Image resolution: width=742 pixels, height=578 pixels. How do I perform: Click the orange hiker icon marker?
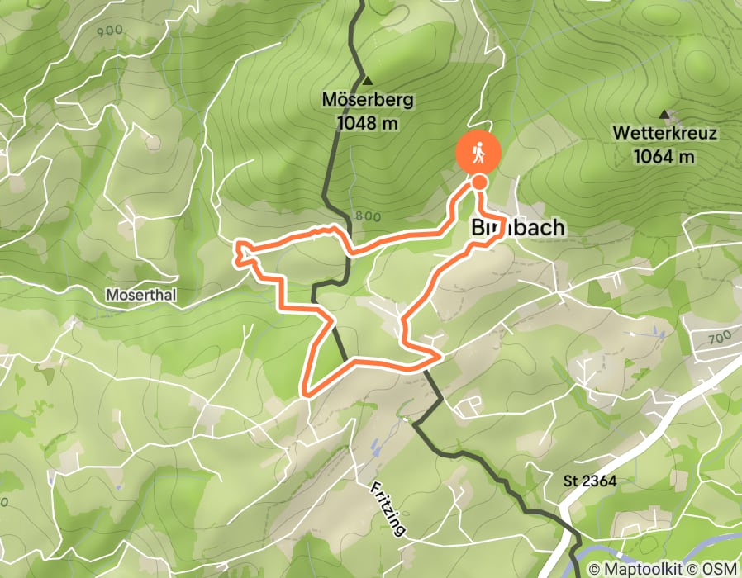478,152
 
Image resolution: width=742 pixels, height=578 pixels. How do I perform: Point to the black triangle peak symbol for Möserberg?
368,82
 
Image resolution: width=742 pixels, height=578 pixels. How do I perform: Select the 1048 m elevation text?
368,124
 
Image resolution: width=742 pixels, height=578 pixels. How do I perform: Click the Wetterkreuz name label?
664,134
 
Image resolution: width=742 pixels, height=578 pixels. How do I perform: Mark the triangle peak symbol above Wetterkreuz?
664,114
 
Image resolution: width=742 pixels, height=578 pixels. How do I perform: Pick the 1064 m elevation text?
664,156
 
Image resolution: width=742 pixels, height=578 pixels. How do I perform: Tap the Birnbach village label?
517,228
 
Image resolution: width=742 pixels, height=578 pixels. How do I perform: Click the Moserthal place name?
141,294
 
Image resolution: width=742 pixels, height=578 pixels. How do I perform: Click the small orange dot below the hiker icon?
478,182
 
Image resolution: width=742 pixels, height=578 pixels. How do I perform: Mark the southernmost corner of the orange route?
306,393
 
